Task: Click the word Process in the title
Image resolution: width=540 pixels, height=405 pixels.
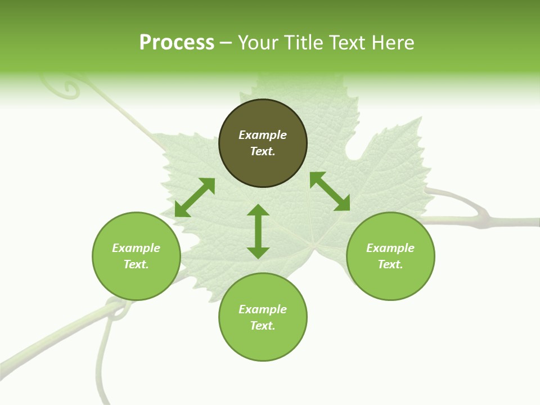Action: point(177,43)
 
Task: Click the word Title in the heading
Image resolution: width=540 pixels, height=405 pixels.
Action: point(302,43)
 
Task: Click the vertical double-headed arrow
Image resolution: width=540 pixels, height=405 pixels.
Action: point(258,231)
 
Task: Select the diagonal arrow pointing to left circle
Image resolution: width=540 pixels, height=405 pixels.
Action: point(195,197)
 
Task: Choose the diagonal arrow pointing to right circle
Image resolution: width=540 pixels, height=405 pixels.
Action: point(330,191)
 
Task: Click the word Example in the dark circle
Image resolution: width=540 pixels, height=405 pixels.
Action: point(263,135)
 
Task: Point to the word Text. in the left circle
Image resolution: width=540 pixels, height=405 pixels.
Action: point(136,264)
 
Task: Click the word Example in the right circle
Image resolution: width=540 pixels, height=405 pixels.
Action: point(390,248)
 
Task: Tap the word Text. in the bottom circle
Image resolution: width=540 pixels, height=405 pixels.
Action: point(263,326)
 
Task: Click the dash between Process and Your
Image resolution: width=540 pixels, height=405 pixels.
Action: point(226,43)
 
